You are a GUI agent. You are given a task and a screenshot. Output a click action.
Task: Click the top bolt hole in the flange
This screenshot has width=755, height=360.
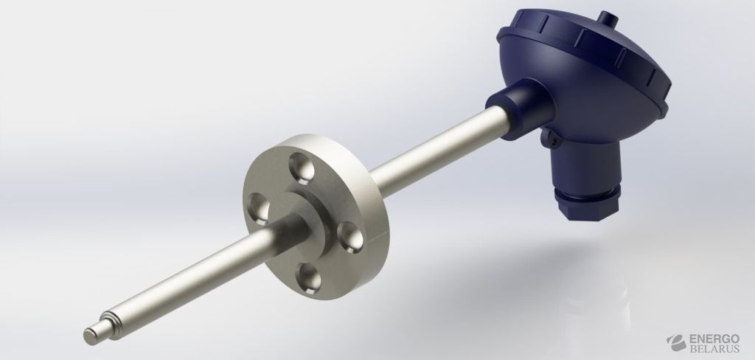tap(302, 169)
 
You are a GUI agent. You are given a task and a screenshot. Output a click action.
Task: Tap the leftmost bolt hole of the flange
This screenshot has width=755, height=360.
tap(259, 209)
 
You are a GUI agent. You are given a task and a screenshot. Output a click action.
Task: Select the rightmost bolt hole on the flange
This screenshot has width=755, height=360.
tap(350, 237)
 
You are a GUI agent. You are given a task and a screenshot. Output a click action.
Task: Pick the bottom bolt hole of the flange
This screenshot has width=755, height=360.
tap(309, 278)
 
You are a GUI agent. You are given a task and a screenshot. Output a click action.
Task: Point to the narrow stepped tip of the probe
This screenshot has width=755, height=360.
tap(92, 333)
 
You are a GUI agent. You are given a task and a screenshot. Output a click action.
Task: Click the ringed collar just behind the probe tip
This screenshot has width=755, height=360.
tap(110, 325)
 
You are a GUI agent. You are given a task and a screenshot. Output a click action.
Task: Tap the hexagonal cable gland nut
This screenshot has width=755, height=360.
tap(588, 204)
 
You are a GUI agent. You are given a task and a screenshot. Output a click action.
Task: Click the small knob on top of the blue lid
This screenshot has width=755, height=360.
tap(608, 18)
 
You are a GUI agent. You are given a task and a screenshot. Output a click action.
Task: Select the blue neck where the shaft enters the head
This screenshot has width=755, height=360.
tap(519, 109)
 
